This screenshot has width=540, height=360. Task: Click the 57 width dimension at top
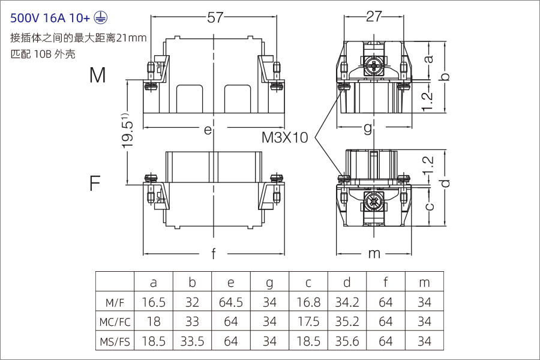[x=215, y=17]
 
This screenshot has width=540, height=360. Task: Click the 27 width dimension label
[x=374, y=17]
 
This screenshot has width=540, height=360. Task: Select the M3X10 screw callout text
[x=284, y=137]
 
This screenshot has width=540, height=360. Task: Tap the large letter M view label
[x=98, y=75]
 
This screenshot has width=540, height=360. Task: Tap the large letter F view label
[x=95, y=183]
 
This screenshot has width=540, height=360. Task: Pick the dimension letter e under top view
[x=208, y=129]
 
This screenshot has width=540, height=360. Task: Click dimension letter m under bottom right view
[x=374, y=253]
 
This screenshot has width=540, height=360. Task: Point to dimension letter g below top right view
[x=368, y=128]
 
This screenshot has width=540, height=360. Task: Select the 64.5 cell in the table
[x=231, y=302]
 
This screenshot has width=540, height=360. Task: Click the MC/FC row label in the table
[x=115, y=322]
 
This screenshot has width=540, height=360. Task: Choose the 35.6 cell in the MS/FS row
[x=347, y=341]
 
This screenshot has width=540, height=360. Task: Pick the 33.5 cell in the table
[x=192, y=341]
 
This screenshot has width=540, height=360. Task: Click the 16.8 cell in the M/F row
[x=308, y=302]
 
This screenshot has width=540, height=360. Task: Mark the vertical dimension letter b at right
[x=445, y=77]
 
